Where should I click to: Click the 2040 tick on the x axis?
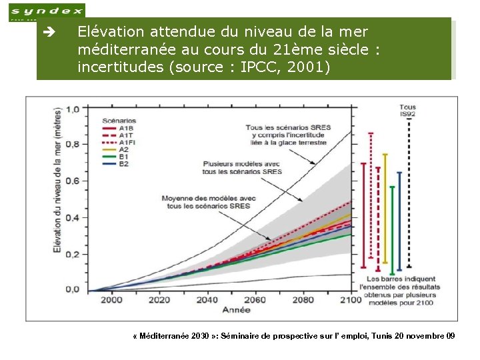[x=207, y=300]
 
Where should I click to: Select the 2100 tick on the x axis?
[x=350, y=300]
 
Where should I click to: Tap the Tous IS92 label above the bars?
[x=407, y=111]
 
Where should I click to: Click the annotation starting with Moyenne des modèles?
[x=208, y=202]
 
